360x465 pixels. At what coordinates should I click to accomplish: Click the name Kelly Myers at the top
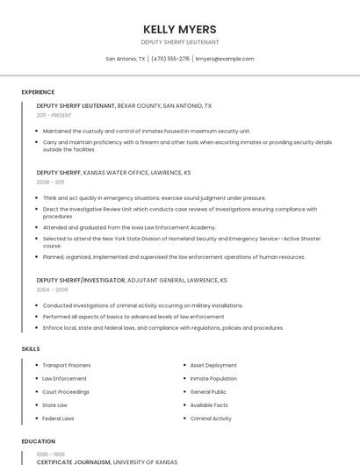point(180,29)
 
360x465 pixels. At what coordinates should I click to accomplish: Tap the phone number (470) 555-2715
point(170,59)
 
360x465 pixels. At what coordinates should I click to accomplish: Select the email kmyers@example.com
point(225,59)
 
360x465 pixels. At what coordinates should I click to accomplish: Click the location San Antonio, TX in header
point(126,59)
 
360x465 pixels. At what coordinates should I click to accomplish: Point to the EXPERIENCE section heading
point(38,92)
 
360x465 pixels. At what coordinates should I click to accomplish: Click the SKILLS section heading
point(31,349)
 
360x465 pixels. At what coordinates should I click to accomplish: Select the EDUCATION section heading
point(38,441)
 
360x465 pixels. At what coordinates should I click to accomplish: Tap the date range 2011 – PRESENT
point(54,115)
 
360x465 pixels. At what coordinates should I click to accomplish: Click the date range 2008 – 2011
point(51,182)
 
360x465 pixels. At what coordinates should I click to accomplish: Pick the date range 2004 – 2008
point(53,289)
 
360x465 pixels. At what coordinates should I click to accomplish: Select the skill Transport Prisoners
point(67,365)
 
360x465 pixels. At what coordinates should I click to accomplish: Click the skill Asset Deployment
point(213,365)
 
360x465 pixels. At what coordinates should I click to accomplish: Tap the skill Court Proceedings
point(66,391)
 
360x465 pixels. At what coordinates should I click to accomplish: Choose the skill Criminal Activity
point(211,418)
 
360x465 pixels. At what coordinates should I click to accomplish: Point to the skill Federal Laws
point(59,418)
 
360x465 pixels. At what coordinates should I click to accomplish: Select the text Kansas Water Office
point(112,173)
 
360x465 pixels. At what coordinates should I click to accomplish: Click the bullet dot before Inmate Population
point(184,378)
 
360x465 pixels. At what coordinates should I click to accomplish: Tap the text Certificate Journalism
point(74,461)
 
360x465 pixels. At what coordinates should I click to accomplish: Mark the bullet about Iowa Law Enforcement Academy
point(129,227)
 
